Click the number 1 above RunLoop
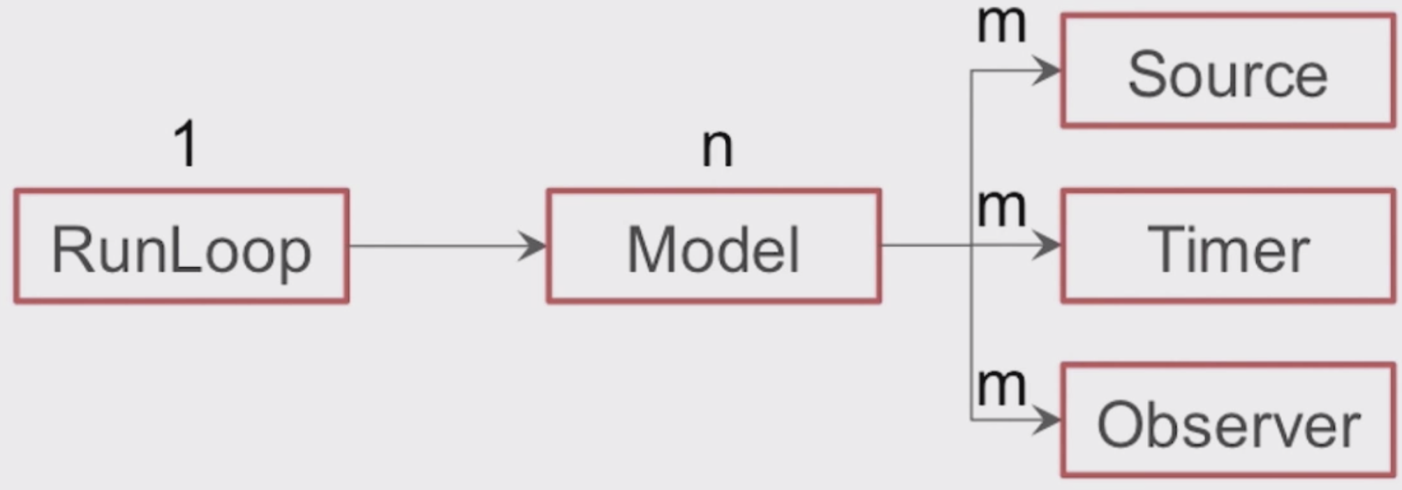[186, 144]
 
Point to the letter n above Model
[717, 147]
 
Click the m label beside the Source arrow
[1001, 25]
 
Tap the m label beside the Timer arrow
[1001, 208]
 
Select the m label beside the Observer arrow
[1001, 385]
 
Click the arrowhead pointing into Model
[534, 246]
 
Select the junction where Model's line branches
[971, 246]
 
